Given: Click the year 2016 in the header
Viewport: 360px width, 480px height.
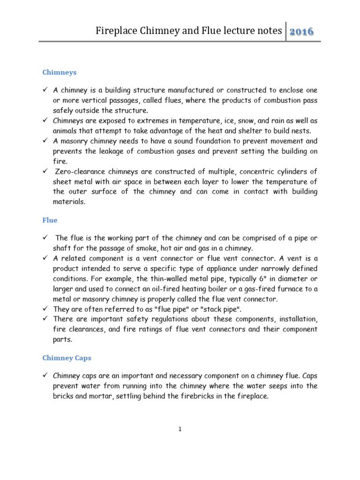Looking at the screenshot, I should point(301,32).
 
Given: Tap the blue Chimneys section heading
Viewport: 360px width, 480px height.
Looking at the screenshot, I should point(60,72).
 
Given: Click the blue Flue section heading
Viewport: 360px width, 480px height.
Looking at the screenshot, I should point(50,220).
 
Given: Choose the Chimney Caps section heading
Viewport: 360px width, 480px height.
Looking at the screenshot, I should point(67,358).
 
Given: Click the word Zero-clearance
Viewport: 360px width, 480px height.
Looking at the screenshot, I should point(80,172).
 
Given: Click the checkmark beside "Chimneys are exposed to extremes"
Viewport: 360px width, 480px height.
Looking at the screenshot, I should point(45,120).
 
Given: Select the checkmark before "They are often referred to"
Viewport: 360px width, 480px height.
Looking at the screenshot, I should point(45,309).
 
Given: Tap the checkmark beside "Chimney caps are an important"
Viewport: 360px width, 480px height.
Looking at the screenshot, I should point(45,375).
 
